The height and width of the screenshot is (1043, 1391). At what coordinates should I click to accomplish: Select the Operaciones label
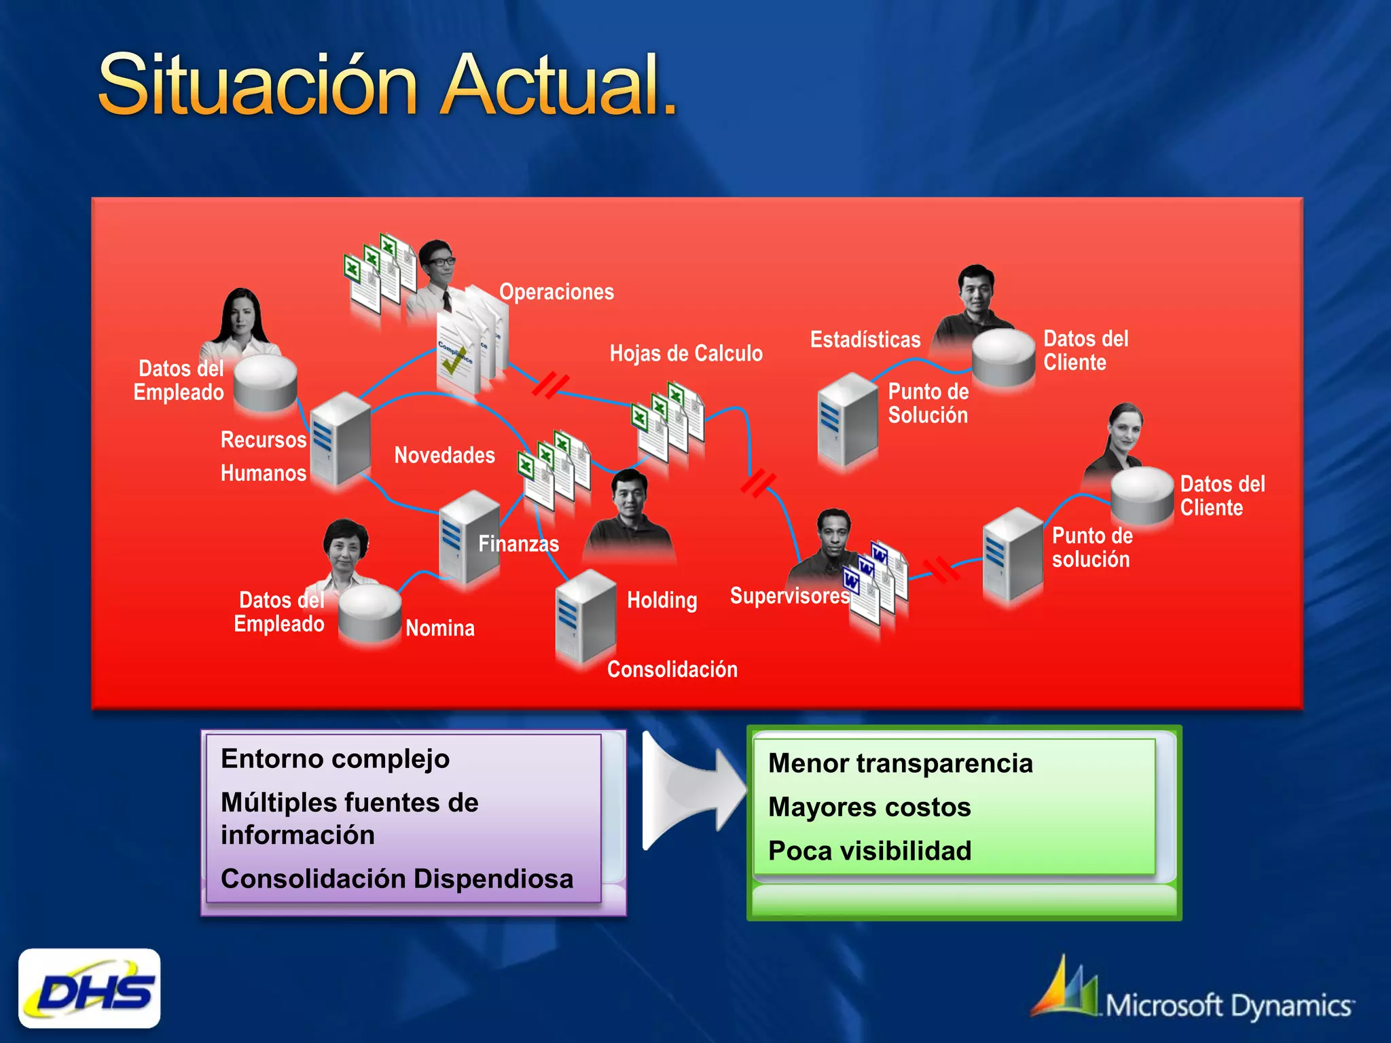(556, 292)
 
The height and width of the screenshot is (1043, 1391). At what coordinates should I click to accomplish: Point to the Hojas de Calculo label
(685, 353)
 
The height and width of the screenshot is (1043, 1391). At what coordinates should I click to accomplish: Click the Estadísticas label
(865, 340)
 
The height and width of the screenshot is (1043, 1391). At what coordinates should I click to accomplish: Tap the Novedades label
(444, 455)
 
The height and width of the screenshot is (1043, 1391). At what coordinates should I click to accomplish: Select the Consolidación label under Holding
(672, 670)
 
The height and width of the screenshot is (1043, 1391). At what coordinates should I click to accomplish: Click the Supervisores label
(789, 596)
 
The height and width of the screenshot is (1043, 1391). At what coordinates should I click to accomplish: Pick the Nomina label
(439, 628)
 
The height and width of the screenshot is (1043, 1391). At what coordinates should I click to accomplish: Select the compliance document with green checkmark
(456, 353)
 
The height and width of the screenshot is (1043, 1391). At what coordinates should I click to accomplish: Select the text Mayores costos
(869, 807)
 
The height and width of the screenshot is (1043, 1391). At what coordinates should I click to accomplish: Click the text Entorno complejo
(335, 758)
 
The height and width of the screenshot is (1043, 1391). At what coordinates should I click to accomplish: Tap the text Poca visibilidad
(869, 851)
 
